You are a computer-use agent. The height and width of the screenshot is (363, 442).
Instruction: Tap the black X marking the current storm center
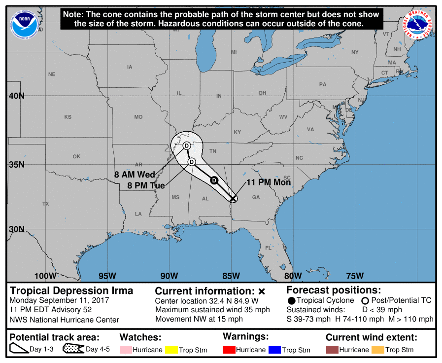click(x=233, y=199)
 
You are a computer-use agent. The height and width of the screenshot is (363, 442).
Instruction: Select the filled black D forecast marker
click(x=214, y=180)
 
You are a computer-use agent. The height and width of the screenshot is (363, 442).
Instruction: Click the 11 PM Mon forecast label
click(x=269, y=182)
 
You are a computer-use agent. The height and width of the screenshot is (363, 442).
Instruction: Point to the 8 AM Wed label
click(x=135, y=175)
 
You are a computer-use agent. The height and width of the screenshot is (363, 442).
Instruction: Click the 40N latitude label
click(x=15, y=96)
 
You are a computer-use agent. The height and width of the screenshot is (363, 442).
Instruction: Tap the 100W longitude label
click(x=45, y=275)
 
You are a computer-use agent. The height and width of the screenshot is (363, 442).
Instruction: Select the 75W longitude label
click(x=355, y=275)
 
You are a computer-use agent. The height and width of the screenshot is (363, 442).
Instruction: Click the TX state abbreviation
click(x=46, y=204)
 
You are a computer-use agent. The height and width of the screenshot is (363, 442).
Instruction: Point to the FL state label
click(x=269, y=248)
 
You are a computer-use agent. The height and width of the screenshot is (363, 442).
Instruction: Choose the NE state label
click(x=52, y=74)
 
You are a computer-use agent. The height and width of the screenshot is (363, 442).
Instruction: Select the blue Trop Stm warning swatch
click(x=274, y=350)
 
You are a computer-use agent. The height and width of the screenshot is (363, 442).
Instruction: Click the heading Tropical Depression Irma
click(x=71, y=290)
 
